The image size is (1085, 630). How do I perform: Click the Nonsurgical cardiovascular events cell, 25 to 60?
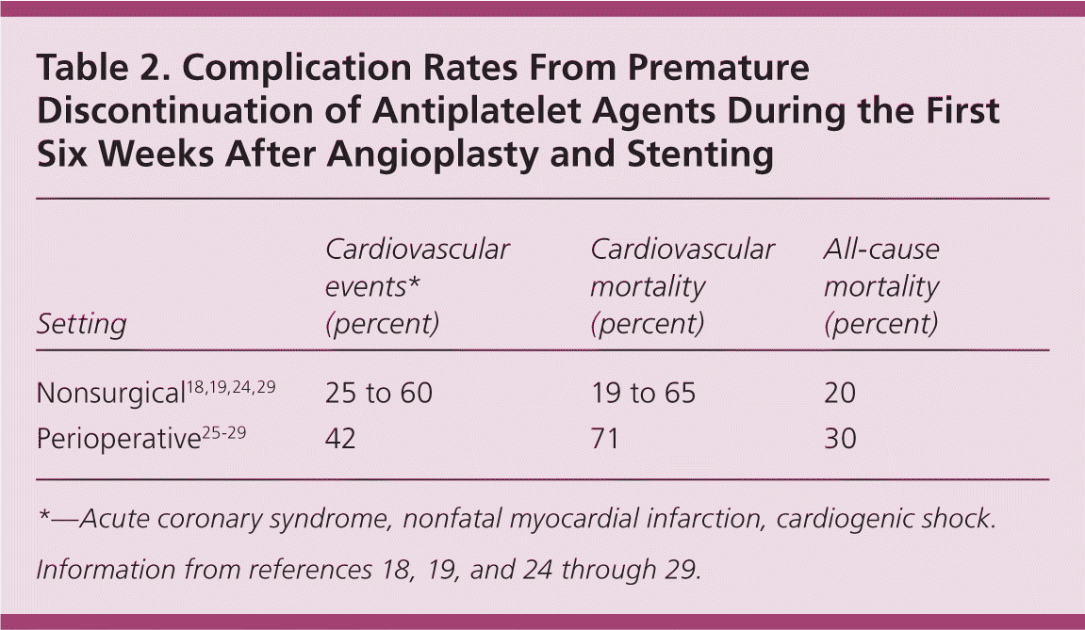click(378, 393)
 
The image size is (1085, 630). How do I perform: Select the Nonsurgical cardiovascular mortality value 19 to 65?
click(643, 393)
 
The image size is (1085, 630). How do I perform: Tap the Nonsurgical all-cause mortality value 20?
click(839, 393)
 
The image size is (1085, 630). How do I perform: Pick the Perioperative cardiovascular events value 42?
click(340, 438)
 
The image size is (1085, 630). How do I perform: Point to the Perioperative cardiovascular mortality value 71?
click(604, 438)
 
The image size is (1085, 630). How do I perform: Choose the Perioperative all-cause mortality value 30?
click(839, 438)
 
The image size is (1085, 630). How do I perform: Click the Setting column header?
click(81, 324)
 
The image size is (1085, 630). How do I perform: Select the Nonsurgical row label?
click(109, 394)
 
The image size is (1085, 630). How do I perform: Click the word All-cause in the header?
click(881, 250)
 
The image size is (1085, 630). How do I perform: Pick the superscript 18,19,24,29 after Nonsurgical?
click(229, 384)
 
